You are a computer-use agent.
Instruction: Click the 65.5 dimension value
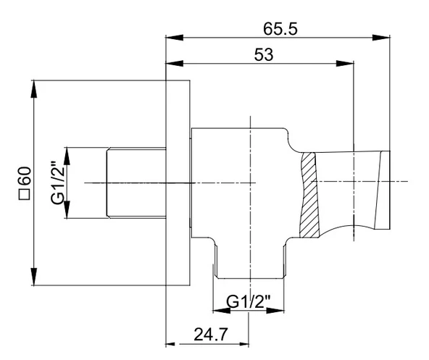pos(280,29)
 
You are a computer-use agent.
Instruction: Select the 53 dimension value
pos(264,55)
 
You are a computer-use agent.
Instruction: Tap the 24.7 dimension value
pos(211,335)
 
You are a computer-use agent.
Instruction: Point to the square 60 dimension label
pos(25,183)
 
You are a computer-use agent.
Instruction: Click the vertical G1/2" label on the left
pos(58,183)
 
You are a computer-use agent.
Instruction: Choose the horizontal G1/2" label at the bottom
pos(249,302)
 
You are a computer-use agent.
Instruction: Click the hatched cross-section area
pos(309,195)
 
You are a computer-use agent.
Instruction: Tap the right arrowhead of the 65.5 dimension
pos(381,38)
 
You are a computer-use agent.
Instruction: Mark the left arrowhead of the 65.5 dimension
pos(174,38)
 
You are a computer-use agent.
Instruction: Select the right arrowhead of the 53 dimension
pos(345,64)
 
